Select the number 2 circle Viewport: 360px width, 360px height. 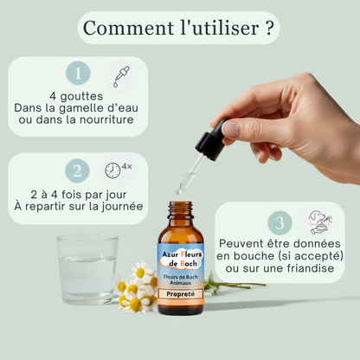78,170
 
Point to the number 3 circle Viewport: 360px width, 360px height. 279,222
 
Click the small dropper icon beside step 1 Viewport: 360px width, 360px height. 121,74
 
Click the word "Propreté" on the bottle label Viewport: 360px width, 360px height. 181,296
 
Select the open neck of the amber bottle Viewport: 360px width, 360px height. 181,206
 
